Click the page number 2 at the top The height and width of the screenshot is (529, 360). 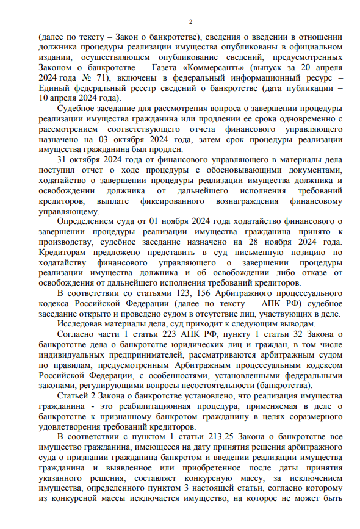tap(190, 22)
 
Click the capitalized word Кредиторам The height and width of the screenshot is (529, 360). tap(63, 253)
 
